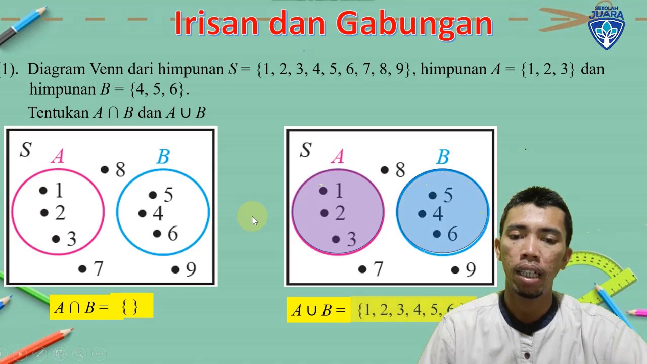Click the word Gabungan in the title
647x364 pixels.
(413, 24)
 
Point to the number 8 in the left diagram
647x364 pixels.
(120, 170)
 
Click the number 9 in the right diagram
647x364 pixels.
(471, 270)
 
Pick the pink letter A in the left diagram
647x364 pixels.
(58, 157)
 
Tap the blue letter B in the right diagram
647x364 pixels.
(443, 157)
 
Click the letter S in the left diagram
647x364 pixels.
(25, 149)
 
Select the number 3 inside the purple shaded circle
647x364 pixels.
(351, 239)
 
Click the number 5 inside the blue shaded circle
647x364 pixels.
(448, 195)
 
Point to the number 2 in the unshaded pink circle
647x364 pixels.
(60, 213)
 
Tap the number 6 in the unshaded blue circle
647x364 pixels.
(173, 234)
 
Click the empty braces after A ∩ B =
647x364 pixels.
(130, 307)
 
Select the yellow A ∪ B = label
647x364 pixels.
(318, 310)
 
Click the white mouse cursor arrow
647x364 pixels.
(254, 221)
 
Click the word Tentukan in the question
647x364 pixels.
(58, 112)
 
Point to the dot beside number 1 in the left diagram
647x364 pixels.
(43, 191)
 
